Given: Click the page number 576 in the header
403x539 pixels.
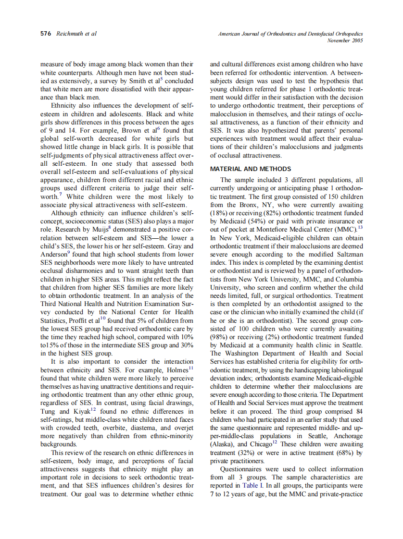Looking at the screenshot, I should [x=46, y=34].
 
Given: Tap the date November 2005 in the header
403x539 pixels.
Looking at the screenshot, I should [x=345, y=41].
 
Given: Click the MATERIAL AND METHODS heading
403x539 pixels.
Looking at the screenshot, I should [x=251, y=169].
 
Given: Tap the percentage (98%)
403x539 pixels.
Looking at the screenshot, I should [x=219, y=337].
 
